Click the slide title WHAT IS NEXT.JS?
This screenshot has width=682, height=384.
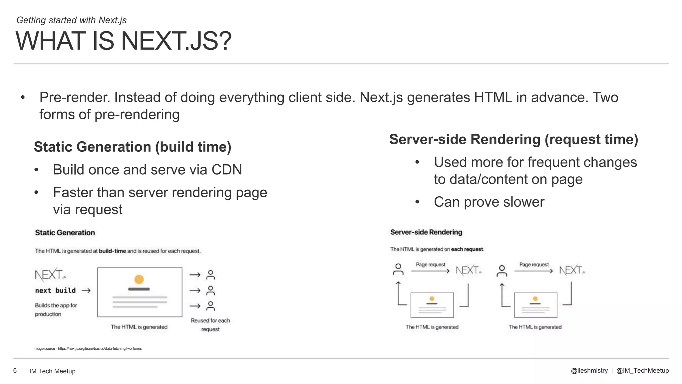123,41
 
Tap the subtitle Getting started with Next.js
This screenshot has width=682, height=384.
71,20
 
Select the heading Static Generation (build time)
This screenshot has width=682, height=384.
133,147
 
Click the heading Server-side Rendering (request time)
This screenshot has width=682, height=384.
513,139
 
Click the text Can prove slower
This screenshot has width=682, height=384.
489,202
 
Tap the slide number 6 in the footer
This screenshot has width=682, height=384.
15,371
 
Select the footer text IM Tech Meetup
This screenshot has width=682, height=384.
52,371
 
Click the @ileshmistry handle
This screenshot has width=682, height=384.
589,371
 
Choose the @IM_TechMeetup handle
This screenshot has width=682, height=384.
642,371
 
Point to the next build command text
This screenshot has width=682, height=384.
55,290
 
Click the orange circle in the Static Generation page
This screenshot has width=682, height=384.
139,279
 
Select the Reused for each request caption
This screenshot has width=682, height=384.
210,325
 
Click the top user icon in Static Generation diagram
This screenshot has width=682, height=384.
210,275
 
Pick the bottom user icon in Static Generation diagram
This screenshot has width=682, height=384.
210,306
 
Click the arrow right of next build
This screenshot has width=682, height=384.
86,291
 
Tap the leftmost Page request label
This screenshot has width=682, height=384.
430,265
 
